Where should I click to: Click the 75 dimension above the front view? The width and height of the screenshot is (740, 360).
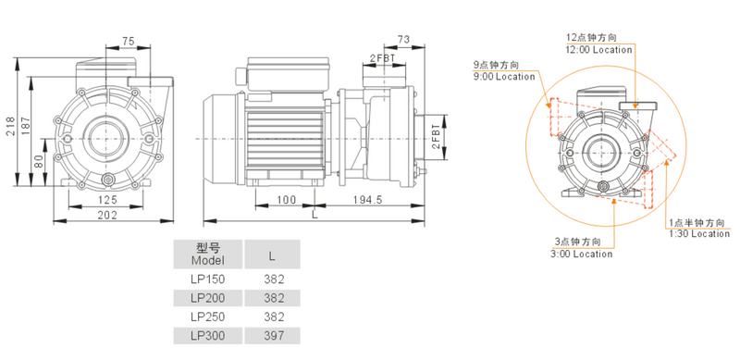[129, 40]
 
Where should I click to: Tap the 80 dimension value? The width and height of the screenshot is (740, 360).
[38, 159]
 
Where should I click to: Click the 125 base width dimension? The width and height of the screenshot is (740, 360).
[107, 200]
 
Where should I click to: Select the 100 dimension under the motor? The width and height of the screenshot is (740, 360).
[286, 200]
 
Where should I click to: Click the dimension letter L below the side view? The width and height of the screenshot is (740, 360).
[314, 215]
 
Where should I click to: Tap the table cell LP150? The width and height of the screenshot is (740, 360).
[207, 278]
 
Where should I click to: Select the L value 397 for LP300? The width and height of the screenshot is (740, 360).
[273, 335]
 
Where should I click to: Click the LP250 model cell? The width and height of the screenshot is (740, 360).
[207, 316]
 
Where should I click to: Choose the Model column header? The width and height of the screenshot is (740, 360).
[207, 254]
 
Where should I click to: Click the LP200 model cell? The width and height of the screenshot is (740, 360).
[207, 297]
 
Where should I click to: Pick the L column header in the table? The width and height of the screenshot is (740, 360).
[273, 254]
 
